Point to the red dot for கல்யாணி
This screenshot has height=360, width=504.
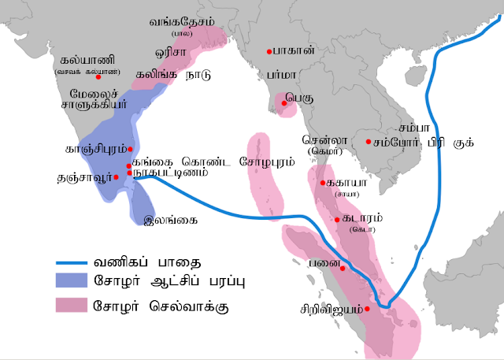[x=98, y=77]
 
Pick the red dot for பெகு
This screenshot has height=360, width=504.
[x=281, y=100]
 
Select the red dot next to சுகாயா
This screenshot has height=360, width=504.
[x=323, y=183]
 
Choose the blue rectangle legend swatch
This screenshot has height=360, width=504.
[x=76, y=280]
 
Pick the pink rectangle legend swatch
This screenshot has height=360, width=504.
[x=76, y=304]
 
